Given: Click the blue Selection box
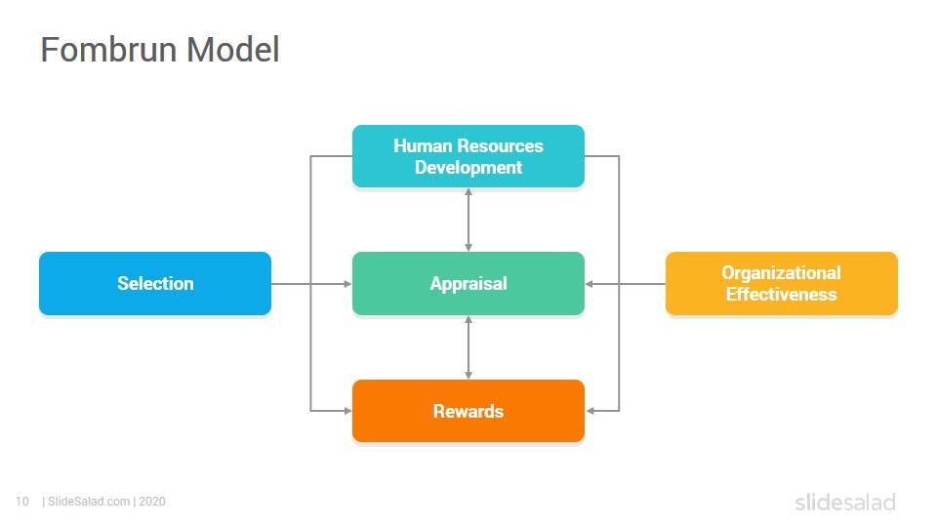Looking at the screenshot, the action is pyautogui.click(x=155, y=283).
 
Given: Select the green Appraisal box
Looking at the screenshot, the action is pyautogui.click(x=468, y=283).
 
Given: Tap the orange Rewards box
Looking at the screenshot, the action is pyautogui.click(x=468, y=411).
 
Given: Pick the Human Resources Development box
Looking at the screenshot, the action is pyautogui.click(x=468, y=156).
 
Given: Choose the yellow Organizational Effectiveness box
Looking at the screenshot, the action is pyautogui.click(x=782, y=283).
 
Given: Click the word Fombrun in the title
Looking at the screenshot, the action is pyautogui.click(x=108, y=50).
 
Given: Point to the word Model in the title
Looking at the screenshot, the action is pyautogui.click(x=233, y=50).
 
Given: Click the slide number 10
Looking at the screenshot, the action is pyautogui.click(x=22, y=502).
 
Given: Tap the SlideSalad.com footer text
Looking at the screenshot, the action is pyautogui.click(x=89, y=502).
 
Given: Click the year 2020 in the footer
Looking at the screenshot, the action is pyautogui.click(x=152, y=502).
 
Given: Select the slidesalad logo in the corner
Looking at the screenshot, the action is pyautogui.click(x=845, y=502).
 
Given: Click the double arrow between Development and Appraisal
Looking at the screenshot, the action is pyautogui.click(x=468, y=220).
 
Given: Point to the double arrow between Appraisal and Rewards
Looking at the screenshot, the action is pyautogui.click(x=468, y=347).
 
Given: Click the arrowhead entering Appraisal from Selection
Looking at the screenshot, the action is pyautogui.click(x=347, y=284).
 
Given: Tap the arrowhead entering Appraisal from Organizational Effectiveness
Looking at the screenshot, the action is pyautogui.click(x=590, y=284).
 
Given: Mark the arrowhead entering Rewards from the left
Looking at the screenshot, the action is pyautogui.click(x=347, y=411).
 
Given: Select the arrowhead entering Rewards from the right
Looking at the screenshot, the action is pyautogui.click(x=591, y=411).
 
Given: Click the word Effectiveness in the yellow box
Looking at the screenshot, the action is pyautogui.click(x=782, y=295).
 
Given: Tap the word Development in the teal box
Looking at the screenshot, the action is pyautogui.click(x=468, y=168).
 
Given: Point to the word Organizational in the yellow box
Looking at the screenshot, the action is pyautogui.click(x=782, y=273).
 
